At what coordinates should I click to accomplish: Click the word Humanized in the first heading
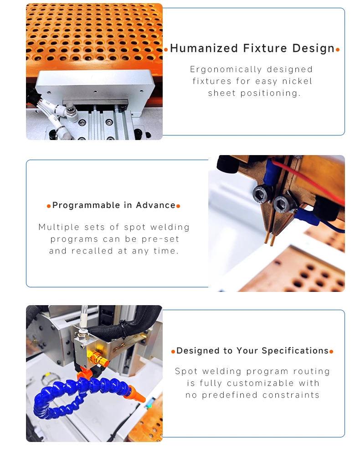coord(204,48)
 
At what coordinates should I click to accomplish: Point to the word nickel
coord(297,81)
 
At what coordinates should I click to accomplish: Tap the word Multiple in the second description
coord(59,227)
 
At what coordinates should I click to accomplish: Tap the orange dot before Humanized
coord(166,50)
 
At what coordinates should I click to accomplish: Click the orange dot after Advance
coord(178,206)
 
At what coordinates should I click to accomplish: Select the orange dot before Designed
coord(173,351)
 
